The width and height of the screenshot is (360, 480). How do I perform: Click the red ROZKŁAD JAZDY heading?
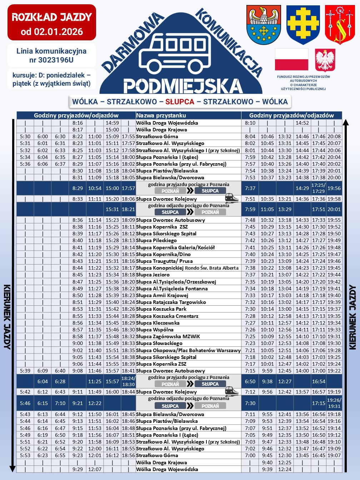pyautogui.click(x=52, y=17)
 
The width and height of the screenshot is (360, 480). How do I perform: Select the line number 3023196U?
pyautogui.click(x=51, y=60)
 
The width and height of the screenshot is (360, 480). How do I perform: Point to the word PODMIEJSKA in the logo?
pyautogui.click(x=183, y=86)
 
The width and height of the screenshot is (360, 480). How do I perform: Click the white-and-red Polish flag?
pyautogui.click(x=291, y=60)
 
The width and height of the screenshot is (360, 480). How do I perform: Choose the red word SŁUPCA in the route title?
pyautogui.click(x=180, y=102)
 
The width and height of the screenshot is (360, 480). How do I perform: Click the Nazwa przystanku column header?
pyautogui.click(x=161, y=115)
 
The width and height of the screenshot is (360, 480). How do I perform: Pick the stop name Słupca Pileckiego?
pyautogui.click(x=156, y=240)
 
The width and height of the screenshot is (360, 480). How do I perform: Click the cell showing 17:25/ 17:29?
pyautogui.click(x=319, y=188)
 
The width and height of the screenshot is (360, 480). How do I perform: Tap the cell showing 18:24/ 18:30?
pyautogui.click(x=128, y=381)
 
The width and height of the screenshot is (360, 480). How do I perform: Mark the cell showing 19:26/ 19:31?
pyautogui.click(x=334, y=403)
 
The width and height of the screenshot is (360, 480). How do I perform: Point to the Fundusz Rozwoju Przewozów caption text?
pyautogui.click(x=303, y=82)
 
